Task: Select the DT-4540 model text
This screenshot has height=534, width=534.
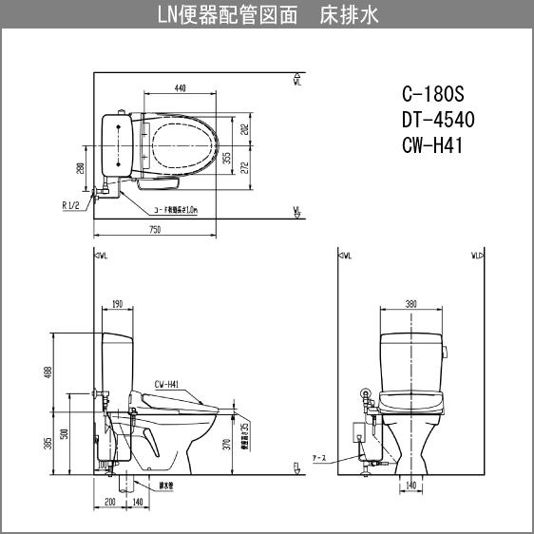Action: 438,120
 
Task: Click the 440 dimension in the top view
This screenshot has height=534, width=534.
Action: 180,88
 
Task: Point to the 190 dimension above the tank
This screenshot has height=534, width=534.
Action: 116,304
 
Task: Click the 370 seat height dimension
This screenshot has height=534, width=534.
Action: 227,443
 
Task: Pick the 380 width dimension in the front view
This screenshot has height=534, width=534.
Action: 410,304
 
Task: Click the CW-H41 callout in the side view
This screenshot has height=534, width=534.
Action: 167,385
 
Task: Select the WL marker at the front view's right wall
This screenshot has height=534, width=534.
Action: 477,256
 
